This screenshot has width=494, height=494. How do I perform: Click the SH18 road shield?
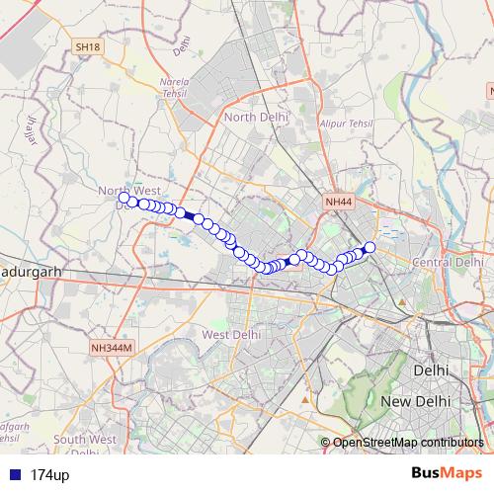point(88,46)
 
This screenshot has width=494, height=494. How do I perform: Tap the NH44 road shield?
point(338,202)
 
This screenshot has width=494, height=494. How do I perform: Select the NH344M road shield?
point(110,348)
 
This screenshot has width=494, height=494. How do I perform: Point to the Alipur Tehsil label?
point(347,123)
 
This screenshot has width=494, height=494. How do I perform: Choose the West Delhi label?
point(230,334)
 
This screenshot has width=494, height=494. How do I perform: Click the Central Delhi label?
point(448,263)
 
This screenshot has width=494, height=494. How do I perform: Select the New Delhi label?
point(416,402)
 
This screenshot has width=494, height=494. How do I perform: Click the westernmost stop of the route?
point(123,198)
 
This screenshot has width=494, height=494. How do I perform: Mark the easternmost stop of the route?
point(370,247)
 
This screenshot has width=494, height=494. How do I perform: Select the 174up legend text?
point(49,475)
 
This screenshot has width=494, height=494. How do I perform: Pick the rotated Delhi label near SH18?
point(181,45)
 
